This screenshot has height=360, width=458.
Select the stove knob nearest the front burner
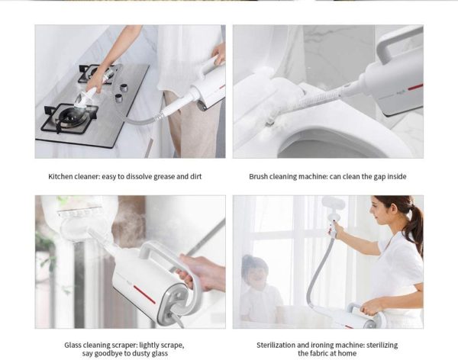118,98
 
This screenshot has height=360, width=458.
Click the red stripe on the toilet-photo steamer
415,87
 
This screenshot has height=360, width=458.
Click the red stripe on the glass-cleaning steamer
144,294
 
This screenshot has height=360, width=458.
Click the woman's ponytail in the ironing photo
416,225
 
